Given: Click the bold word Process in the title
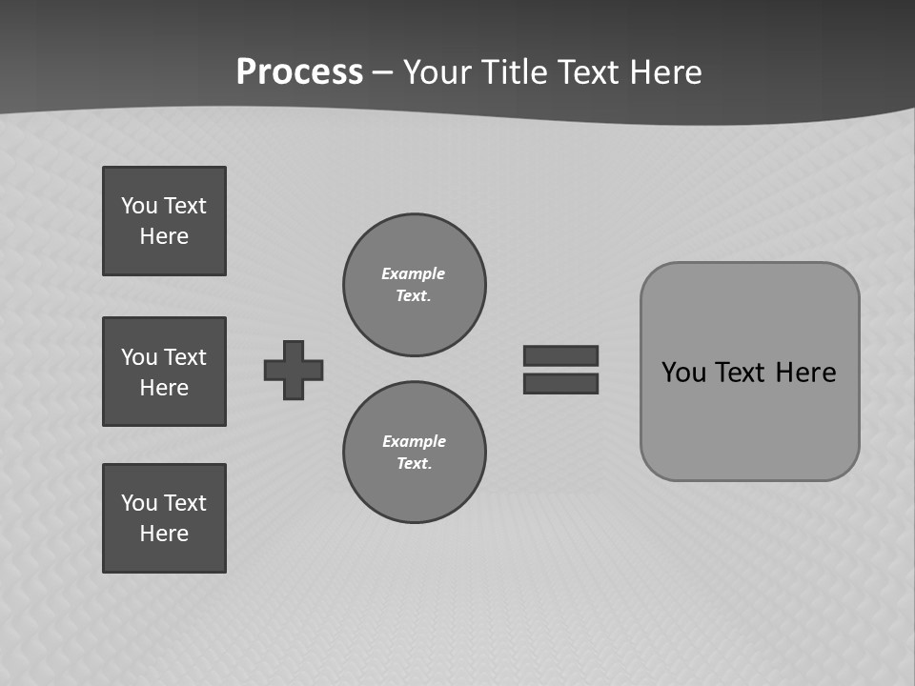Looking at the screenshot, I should pos(299,71).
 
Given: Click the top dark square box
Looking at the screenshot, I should pos(164,221).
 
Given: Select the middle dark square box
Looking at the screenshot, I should pos(164,372).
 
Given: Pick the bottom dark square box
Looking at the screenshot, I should pos(164,517).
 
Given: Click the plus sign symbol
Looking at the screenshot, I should pos(294,370).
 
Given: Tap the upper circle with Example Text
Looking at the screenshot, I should pos(414,284).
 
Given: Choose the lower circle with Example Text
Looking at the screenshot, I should pos(414,452).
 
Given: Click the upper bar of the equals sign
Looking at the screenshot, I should pos(560,355).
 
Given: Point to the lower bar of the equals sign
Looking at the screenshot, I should pos(560,383).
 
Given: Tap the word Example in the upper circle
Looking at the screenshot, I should pos(413,273).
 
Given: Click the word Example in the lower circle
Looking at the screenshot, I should pos(414,441).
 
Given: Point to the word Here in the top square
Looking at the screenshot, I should pos(164,236).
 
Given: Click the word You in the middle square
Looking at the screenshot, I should pos(139,357).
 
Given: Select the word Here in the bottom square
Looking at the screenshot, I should pos(164,534).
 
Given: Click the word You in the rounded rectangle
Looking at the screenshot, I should pos(683,373).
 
